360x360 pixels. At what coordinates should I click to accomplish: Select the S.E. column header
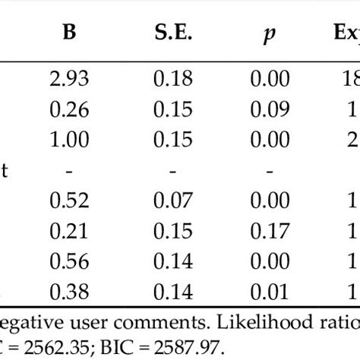coord(174,33)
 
